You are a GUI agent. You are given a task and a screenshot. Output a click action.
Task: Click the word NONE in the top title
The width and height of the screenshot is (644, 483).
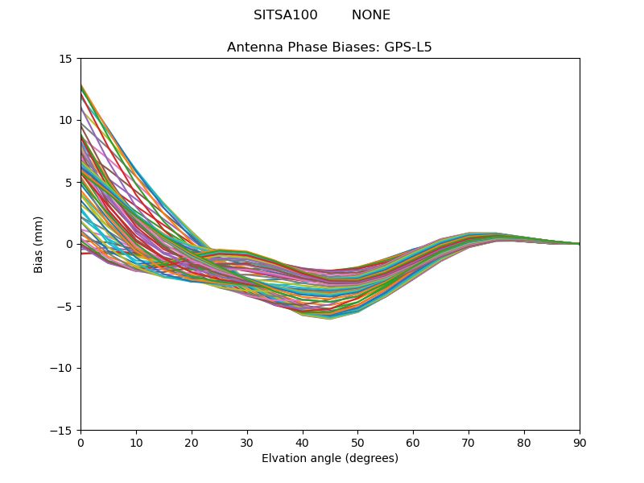[x=370, y=15]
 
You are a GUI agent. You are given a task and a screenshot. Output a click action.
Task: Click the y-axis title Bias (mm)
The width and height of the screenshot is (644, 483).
[x=39, y=244]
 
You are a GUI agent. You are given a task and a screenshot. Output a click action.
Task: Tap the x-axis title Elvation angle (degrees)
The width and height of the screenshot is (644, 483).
[x=329, y=459]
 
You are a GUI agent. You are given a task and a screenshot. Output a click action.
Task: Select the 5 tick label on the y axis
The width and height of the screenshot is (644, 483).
[x=69, y=183]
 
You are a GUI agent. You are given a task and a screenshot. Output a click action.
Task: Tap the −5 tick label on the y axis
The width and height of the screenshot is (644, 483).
[x=64, y=307]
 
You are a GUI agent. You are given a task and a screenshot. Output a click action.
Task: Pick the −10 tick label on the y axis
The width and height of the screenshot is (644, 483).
[x=61, y=369]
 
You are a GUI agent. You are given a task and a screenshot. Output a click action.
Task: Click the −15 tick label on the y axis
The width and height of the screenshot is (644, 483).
[x=61, y=431]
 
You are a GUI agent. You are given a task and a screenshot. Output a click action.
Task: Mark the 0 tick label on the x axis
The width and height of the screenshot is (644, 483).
[x=80, y=444]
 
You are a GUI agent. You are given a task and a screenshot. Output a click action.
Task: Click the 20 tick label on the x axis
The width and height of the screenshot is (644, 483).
[x=192, y=444]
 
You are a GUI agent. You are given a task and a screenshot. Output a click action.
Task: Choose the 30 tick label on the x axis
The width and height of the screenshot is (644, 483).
[x=247, y=444]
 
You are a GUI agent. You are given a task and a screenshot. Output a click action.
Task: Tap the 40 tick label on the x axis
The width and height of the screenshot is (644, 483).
[x=303, y=444]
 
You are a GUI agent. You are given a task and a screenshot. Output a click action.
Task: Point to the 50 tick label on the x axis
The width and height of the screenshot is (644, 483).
[x=357, y=444]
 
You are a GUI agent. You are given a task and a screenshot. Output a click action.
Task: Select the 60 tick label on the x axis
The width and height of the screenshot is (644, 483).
[x=413, y=444]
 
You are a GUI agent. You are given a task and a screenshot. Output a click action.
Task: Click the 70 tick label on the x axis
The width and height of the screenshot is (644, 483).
[x=469, y=444]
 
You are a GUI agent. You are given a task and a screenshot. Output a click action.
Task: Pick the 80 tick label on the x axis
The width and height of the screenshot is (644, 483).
[x=524, y=444]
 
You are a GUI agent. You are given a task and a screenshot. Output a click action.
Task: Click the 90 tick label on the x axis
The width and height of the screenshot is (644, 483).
[x=580, y=444]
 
